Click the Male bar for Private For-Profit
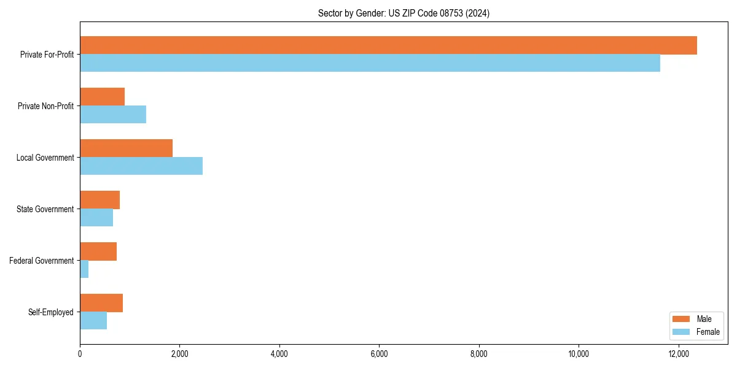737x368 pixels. point(388,45)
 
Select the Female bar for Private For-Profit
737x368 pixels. point(370,63)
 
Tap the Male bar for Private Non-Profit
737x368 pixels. point(102,97)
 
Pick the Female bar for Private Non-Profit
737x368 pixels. point(113,115)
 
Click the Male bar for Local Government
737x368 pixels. point(126,148)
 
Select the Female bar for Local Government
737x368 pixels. point(141,166)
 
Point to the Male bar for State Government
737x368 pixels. point(99,200)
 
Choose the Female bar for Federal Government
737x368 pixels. point(84,269)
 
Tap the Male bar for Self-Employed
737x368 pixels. point(101,303)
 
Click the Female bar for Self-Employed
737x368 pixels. point(93,321)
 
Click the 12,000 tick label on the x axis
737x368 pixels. point(678,354)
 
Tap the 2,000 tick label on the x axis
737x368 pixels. point(179,354)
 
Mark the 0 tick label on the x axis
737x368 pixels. point(80,354)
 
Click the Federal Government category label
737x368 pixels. point(42,261)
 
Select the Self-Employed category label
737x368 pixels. point(51,312)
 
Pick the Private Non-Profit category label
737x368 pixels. point(45,106)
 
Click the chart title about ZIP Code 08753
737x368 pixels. point(404,13)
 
